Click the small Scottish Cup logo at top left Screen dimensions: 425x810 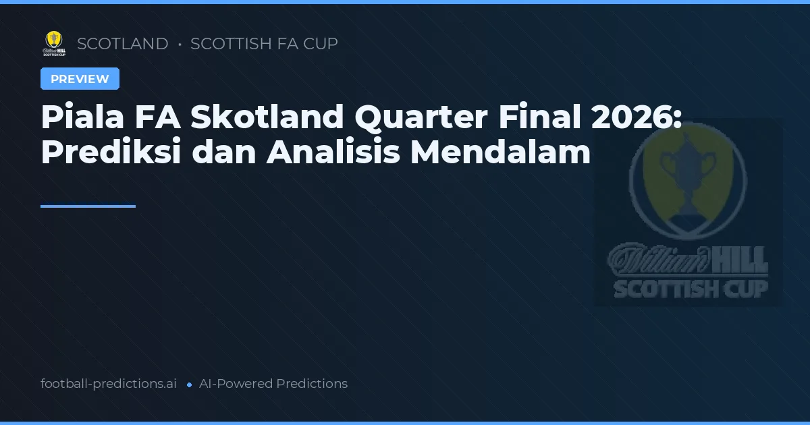pyautogui.click(x=54, y=44)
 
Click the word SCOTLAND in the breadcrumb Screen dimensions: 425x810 pyautogui.click(x=122, y=44)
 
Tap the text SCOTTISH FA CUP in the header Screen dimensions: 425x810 pyautogui.click(x=264, y=44)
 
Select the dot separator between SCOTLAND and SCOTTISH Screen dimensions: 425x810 pyautogui.click(x=180, y=45)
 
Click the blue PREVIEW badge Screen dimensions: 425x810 pyautogui.click(x=80, y=79)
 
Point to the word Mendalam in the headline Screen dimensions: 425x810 pyautogui.click(x=500, y=152)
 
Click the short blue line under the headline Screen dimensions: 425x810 pyautogui.click(x=88, y=206)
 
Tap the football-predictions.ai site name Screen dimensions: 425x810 pyautogui.click(x=109, y=384)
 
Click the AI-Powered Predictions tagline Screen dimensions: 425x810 pyautogui.click(x=273, y=384)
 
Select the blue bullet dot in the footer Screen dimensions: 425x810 pyautogui.click(x=189, y=385)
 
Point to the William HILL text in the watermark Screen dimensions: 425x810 pyautogui.click(x=688, y=259)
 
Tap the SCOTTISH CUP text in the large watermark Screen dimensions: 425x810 pyautogui.click(x=690, y=289)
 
